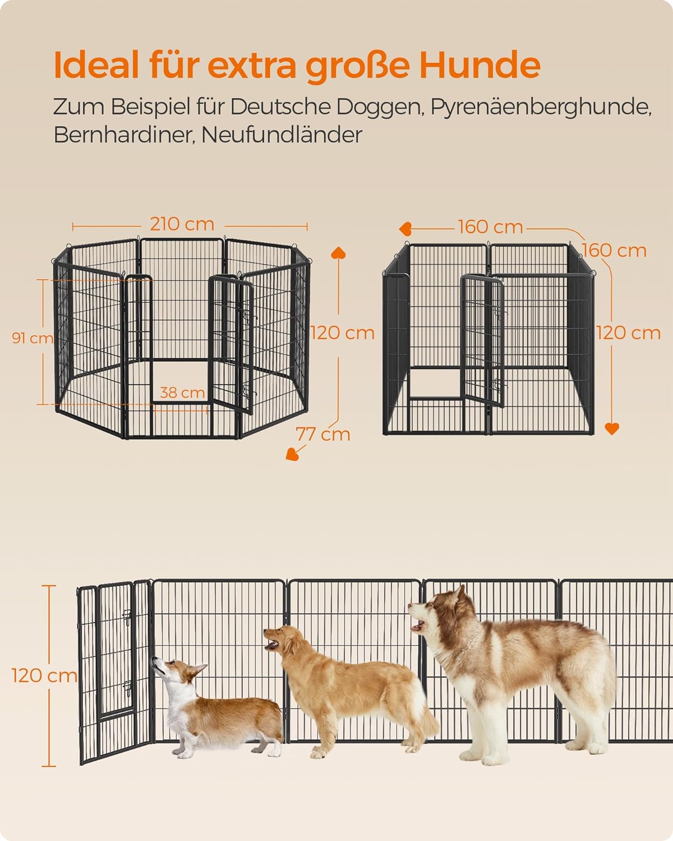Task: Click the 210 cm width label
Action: pyautogui.click(x=182, y=224)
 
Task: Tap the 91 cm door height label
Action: pyautogui.click(x=33, y=338)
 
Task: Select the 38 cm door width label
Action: pyautogui.click(x=182, y=392)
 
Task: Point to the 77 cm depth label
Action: pyautogui.click(x=323, y=435)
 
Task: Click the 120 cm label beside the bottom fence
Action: pyautogui.click(x=44, y=676)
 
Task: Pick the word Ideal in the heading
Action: pyautogui.click(x=96, y=65)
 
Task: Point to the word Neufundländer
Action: pyautogui.click(x=282, y=135)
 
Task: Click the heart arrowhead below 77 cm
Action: pyautogui.click(x=293, y=454)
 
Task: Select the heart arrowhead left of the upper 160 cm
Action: pyautogui.click(x=405, y=229)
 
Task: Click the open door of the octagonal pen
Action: pyautogui.click(x=231, y=344)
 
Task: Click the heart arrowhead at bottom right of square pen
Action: pyautogui.click(x=612, y=429)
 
